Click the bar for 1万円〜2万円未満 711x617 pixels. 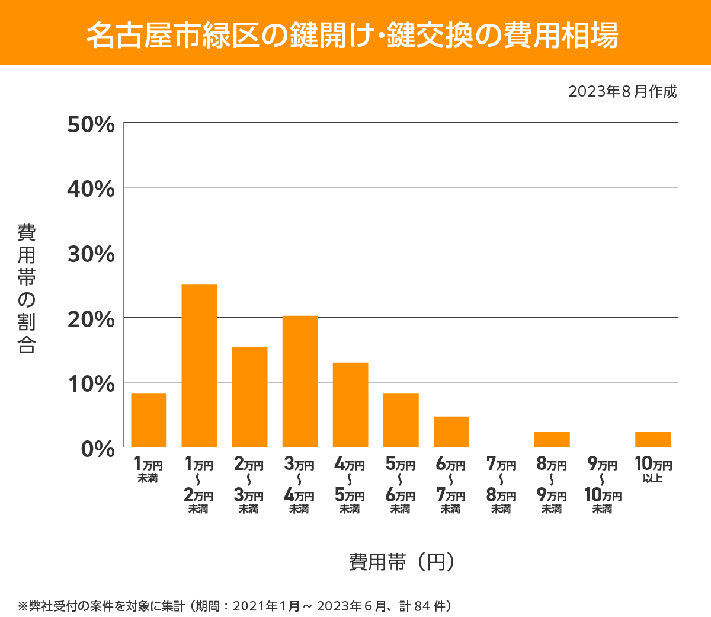tap(199, 366)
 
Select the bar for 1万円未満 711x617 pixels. tap(149, 420)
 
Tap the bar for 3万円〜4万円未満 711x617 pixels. tap(300, 381)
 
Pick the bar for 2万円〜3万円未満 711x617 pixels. tap(249, 397)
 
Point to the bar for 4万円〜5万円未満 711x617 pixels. tap(350, 404)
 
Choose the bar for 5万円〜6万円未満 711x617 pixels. tap(401, 420)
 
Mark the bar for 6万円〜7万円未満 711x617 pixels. tap(451, 431)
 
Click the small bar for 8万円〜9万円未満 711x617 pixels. tap(552, 439)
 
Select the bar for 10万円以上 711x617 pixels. tap(652, 439)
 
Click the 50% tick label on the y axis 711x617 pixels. tap(91, 124)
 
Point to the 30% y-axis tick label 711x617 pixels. tap(91, 254)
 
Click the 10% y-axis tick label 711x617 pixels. tap(91, 384)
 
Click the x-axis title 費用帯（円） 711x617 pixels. tap(402, 561)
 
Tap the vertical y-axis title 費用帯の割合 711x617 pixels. tap(27, 289)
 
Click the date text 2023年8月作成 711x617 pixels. tap(622, 91)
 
